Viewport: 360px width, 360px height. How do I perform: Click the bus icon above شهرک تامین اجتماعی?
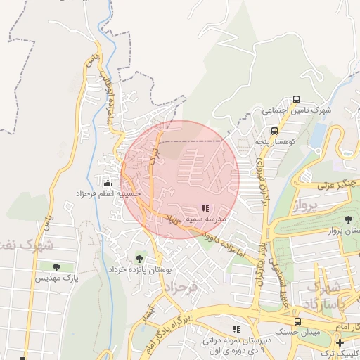click(x=296, y=99)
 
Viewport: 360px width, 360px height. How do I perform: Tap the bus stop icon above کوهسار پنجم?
click(x=274, y=130)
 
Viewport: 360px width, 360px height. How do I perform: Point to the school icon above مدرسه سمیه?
click(x=205, y=208)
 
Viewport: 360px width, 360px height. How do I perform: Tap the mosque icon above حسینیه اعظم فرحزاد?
click(x=108, y=181)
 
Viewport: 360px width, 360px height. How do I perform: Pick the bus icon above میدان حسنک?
click(x=297, y=321)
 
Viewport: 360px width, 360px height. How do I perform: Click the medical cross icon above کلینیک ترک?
click(x=340, y=342)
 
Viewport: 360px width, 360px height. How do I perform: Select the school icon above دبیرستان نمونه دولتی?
click(x=237, y=328)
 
